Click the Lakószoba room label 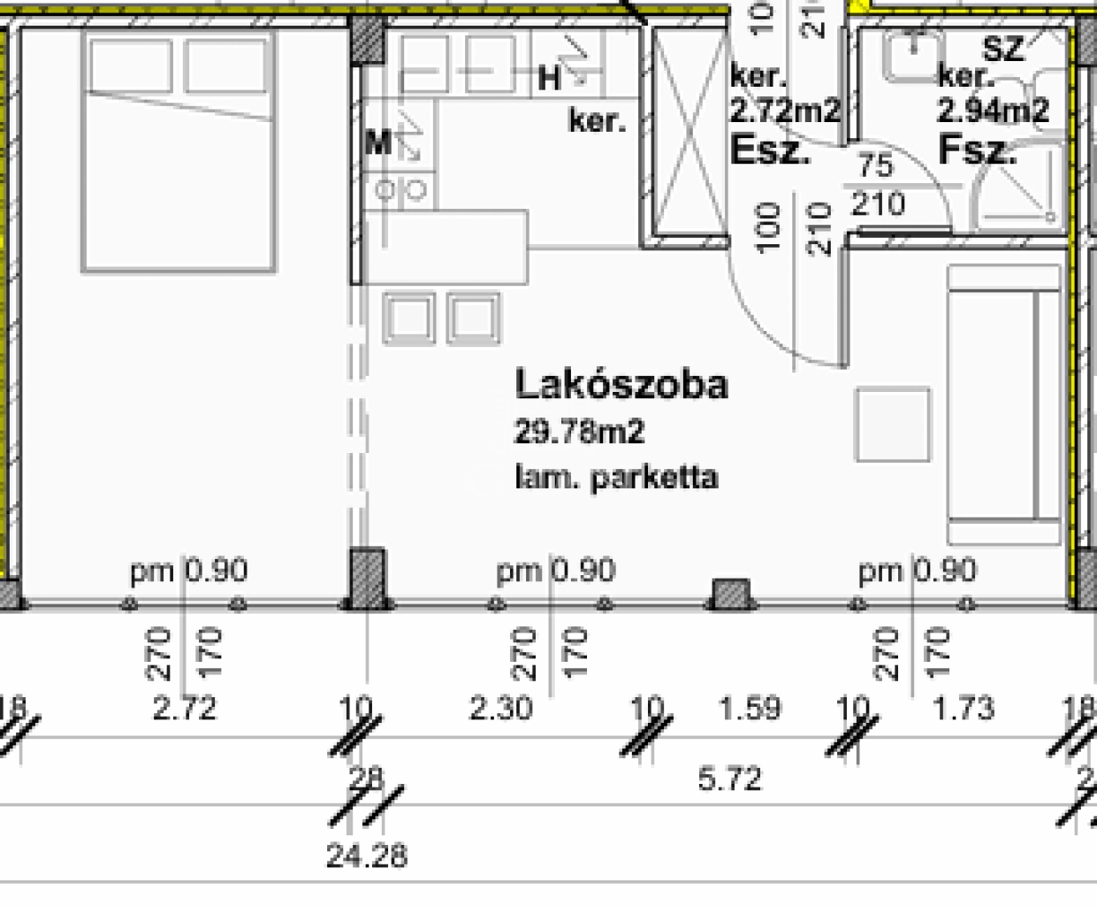(x=621, y=385)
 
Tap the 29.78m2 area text (x=579, y=433)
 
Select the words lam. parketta (x=616, y=479)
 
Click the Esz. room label (x=770, y=150)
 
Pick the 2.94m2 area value (x=993, y=111)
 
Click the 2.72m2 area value (x=785, y=111)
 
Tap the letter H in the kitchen (x=549, y=79)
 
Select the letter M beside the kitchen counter (x=378, y=142)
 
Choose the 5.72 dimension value (x=729, y=779)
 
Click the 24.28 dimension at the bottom (x=366, y=856)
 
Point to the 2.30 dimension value (x=500, y=709)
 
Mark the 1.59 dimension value (x=750, y=709)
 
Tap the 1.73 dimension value (x=964, y=709)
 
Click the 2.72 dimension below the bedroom (x=185, y=709)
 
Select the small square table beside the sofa (x=893, y=425)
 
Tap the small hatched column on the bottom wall (x=730, y=593)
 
